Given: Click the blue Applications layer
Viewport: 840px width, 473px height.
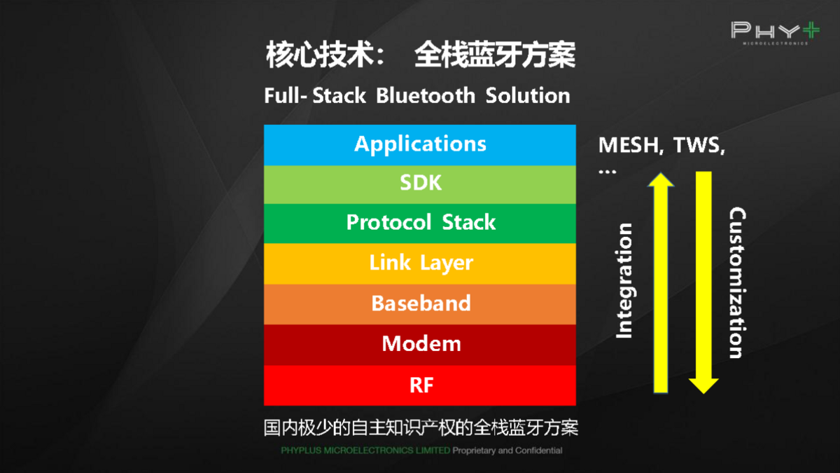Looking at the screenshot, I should point(420,144).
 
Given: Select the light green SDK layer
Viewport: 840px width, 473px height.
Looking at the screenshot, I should point(420,184).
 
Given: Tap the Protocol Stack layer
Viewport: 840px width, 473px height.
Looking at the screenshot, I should point(420,223).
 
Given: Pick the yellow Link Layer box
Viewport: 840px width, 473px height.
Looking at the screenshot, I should point(420,263).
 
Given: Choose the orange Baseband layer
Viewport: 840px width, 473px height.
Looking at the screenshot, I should point(420,303).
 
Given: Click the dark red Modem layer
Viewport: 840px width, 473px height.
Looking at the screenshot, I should point(420,344).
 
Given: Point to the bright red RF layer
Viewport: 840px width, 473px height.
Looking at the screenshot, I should point(420,385).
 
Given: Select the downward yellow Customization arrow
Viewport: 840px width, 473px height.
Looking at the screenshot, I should point(703,280).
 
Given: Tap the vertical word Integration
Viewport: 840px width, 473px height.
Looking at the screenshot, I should point(624,280).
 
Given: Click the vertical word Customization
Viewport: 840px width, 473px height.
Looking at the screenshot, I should point(736,282).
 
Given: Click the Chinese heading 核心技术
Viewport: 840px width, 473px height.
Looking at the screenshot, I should point(319,55).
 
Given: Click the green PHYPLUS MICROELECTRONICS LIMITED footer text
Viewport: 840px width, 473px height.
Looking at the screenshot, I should point(365,451).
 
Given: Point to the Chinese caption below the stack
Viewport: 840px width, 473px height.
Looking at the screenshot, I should point(421,427).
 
